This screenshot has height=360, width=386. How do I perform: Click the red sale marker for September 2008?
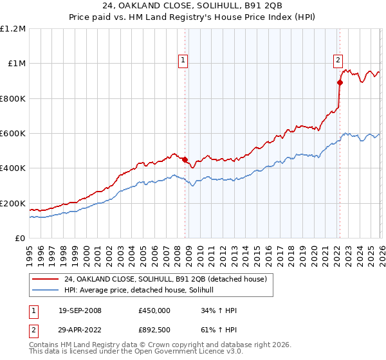[x=185, y=159]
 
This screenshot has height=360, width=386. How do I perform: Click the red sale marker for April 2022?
[x=339, y=82]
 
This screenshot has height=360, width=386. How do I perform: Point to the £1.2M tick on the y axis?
[x=14, y=29]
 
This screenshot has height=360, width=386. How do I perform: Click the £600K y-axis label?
[x=14, y=134]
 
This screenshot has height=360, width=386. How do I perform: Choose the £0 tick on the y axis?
[x=20, y=239]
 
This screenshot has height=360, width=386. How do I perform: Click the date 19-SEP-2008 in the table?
[x=79, y=310]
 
